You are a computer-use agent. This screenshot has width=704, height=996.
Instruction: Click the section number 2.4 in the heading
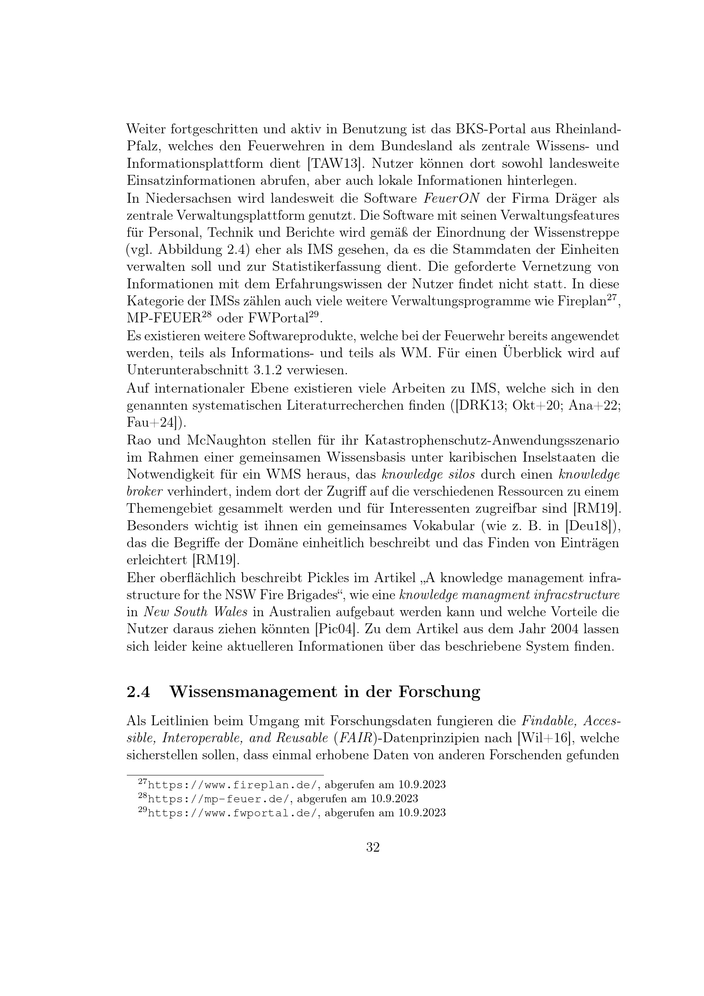(x=138, y=692)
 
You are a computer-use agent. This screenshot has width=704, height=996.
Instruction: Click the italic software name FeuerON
(x=451, y=198)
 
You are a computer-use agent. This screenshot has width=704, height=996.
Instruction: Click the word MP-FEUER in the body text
(x=163, y=319)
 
